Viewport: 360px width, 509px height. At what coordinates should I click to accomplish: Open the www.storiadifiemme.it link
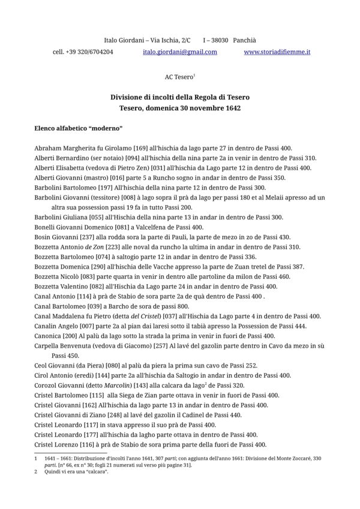[x=277, y=53]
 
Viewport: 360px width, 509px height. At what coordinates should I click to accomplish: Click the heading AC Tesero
[x=178, y=77]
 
